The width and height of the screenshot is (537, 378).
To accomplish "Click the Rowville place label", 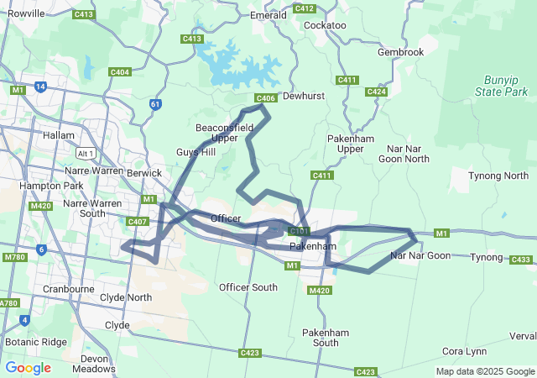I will coord(25,13).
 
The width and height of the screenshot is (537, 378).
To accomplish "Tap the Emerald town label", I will coord(268,15).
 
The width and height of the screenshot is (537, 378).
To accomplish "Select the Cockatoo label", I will coord(325,25).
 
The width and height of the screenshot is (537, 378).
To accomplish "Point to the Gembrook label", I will coord(400,52).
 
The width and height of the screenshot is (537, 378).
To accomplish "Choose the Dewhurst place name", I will coord(303,97).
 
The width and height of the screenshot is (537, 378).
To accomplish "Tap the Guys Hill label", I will coord(196,152).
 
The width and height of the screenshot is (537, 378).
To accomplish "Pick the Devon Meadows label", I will coord(93,363).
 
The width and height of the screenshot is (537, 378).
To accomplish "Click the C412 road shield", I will coord(305,8).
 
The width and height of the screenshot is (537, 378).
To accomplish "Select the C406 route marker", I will coord(265,98).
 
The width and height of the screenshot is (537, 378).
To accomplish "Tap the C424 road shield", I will coord(377,92).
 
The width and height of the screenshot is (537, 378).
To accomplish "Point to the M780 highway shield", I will coord(15,257).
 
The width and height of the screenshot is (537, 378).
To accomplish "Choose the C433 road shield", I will coord(520,260).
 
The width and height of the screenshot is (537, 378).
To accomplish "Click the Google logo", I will coord(28,368).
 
